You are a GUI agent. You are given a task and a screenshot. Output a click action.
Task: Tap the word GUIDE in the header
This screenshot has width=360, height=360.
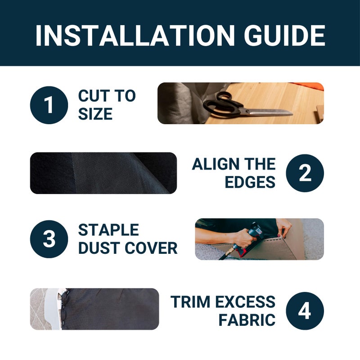pyautogui.click(x=284, y=36)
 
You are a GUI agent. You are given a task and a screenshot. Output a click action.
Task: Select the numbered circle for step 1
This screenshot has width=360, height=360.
pyautogui.click(x=49, y=105)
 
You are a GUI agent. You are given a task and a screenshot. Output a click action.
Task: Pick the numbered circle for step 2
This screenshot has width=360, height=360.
pyautogui.click(x=305, y=173)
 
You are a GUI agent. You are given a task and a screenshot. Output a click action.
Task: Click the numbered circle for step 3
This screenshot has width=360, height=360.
pyautogui.click(x=49, y=239)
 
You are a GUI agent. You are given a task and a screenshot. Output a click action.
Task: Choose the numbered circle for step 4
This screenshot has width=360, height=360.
pyautogui.click(x=305, y=311)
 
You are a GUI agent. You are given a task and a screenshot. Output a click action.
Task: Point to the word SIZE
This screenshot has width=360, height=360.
pyautogui.click(x=95, y=114)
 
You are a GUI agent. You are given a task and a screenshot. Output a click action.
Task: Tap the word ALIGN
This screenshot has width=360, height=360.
pyautogui.click(x=216, y=164)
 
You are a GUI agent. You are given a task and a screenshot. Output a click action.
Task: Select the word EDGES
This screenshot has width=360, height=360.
pyautogui.click(x=250, y=182)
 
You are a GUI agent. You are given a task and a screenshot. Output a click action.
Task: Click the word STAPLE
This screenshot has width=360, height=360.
pyautogui.click(x=108, y=230)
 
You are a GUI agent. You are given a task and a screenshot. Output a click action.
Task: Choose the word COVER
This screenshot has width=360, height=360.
pyautogui.click(x=151, y=248)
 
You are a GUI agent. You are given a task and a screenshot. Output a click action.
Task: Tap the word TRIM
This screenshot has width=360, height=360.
pyautogui.click(x=190, y=301)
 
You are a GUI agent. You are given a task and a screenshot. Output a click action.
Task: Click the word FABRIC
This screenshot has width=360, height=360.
pyautogui.click(x=247, y=320)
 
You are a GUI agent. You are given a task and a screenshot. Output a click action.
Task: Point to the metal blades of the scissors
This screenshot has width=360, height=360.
pyautogui.click(x=269, y=112)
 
